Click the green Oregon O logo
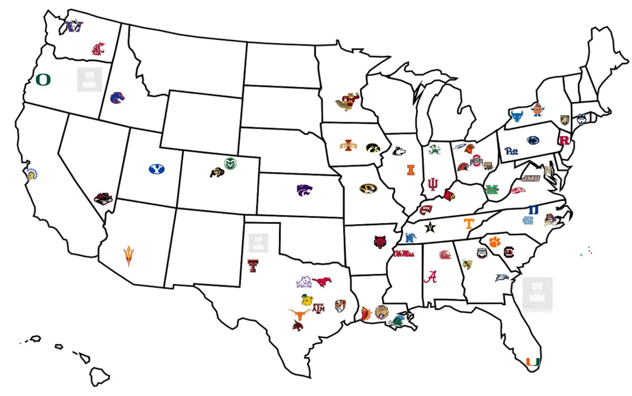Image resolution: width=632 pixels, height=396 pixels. pos(43,80)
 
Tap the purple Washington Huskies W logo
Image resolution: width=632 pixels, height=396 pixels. pos(75,26)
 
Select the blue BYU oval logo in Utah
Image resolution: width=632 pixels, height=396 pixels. pos(156,169)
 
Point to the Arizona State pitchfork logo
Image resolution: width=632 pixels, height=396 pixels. pos(128,255)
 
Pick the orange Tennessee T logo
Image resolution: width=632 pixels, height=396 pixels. pos(467,223)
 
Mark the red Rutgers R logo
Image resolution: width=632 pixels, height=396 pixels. pos(565,141)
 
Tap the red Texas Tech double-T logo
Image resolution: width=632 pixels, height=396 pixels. pos(252,265)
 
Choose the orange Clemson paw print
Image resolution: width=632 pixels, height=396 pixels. pos(493,242)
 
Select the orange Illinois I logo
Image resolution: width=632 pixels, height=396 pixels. pos(410,170)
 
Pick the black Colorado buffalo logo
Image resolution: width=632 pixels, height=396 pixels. pos(216,172)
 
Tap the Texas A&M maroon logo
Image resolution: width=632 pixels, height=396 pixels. pos(319,309)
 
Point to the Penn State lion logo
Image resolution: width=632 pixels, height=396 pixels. pos(532,140)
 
